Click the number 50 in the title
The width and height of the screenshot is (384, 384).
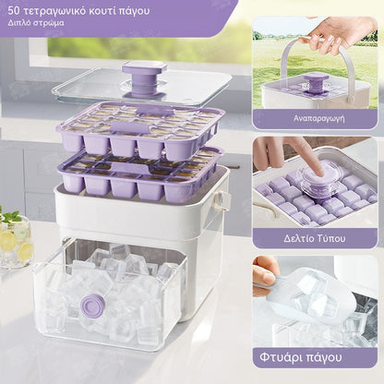pyautogui.click(x=13, y=11)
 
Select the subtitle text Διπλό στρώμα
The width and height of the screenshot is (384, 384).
pyautogui.click(x=36, y=23)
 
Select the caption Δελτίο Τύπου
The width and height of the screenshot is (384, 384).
pyautogui.click(x=315, y=238)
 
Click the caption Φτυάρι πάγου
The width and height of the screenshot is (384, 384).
pyautogui.click(x=301, y=357)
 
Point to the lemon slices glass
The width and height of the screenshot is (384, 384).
pyautogui.click(x=17, y=243)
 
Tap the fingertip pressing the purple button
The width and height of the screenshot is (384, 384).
pyautogui.click(x=319, y=171)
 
